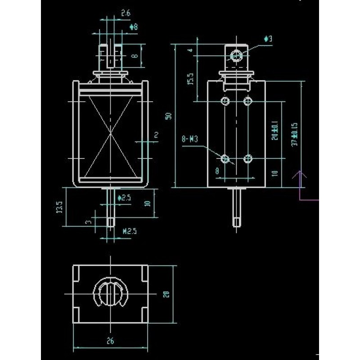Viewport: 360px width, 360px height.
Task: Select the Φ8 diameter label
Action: point(133,27)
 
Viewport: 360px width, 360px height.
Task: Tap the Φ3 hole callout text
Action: point(268,39)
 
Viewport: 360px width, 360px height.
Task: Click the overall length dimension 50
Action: point(168,116)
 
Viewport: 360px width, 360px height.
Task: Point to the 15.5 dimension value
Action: point(190,79)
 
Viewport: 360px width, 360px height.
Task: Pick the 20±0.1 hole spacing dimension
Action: point(275,131)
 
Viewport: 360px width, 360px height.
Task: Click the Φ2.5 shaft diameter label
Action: point(124,198)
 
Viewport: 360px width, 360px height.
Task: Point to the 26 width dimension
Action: point(111,341)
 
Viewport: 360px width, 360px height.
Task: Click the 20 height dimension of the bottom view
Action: point(166,294)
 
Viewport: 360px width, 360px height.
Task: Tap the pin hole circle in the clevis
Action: point(236,56)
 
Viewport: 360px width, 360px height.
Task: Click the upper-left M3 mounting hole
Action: point(225,101)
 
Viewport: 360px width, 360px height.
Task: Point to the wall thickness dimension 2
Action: point(156,135)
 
